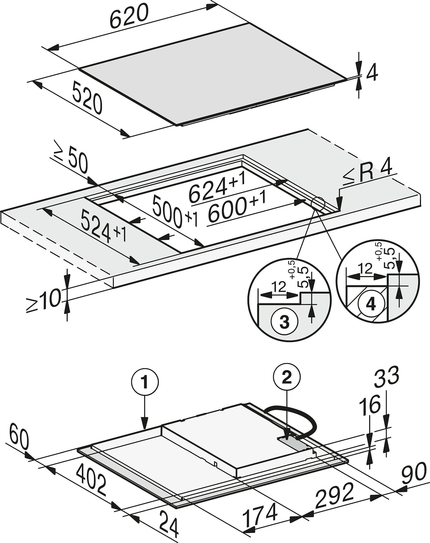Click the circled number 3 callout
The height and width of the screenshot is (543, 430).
[284, 322]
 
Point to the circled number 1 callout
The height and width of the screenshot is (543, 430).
[145, 383]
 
